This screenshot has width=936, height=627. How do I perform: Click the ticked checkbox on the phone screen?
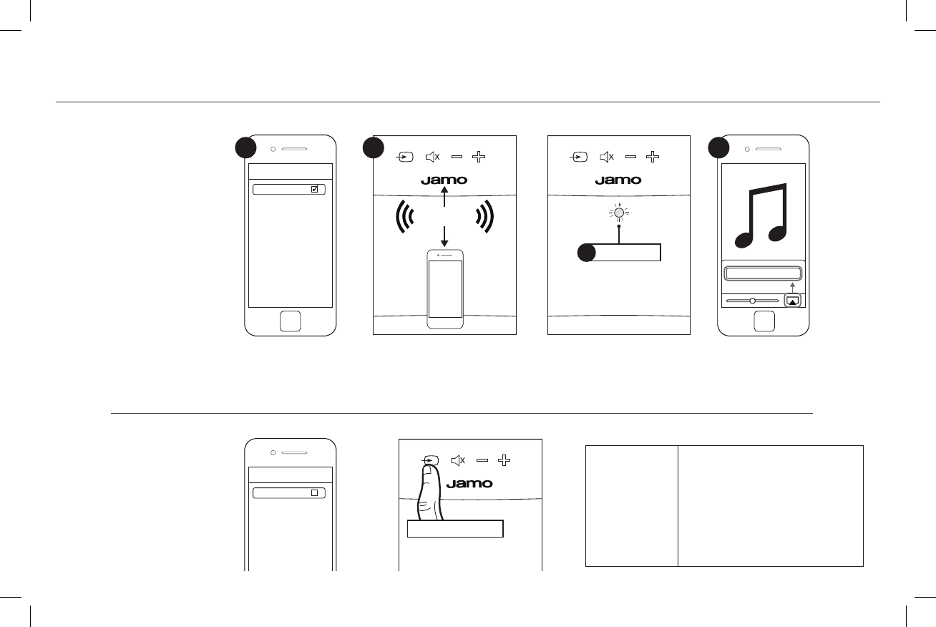[x=314, y=190]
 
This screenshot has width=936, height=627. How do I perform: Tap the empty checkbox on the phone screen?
[x=314, y=493]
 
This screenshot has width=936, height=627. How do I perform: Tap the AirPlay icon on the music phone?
[x=791, y=301]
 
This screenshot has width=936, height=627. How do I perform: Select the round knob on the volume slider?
[x=752, y=301]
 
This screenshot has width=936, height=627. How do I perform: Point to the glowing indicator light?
[x=618, y=213]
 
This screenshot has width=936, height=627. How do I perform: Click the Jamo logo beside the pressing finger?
[x=469, y=484]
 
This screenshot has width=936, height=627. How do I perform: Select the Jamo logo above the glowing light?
[x=618, y=180]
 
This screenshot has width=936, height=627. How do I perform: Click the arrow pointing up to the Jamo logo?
[x=444, y=197]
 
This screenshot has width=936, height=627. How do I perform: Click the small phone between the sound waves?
[x=445, y=288]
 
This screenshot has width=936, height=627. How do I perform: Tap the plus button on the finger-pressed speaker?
[x=504, y=460]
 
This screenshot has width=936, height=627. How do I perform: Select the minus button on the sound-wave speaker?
[x=457, y=156]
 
